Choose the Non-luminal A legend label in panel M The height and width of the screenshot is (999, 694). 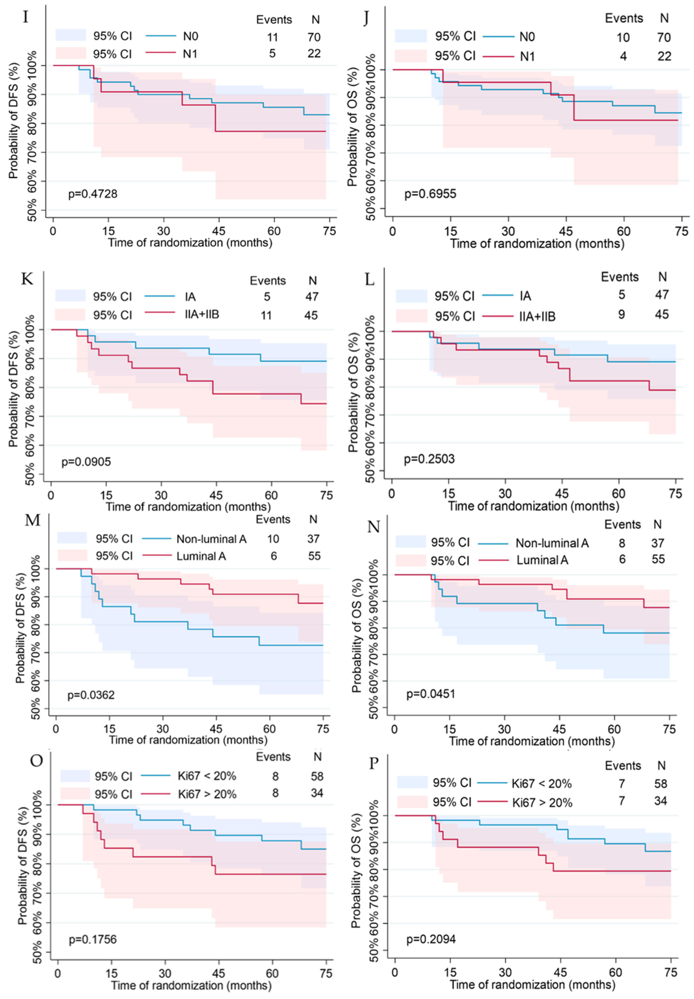click(211, 539)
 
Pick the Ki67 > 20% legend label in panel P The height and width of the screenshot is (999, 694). click(542, 802)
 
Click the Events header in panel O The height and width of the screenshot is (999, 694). click(273, 757)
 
